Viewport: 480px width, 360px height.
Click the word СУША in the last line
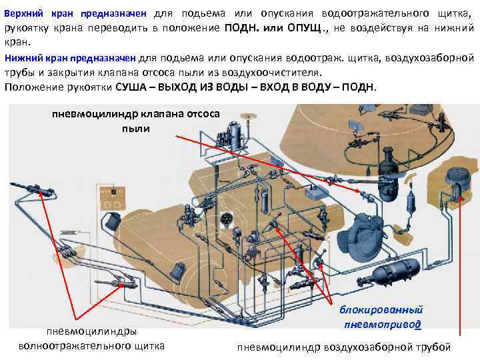tap(133, 88)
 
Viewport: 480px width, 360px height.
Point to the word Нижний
tap(22, 59)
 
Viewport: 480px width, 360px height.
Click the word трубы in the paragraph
tap(18, 73)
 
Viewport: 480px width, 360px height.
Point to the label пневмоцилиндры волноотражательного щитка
tap(92, 338)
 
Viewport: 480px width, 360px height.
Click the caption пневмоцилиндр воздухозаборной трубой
tap(345, 347)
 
